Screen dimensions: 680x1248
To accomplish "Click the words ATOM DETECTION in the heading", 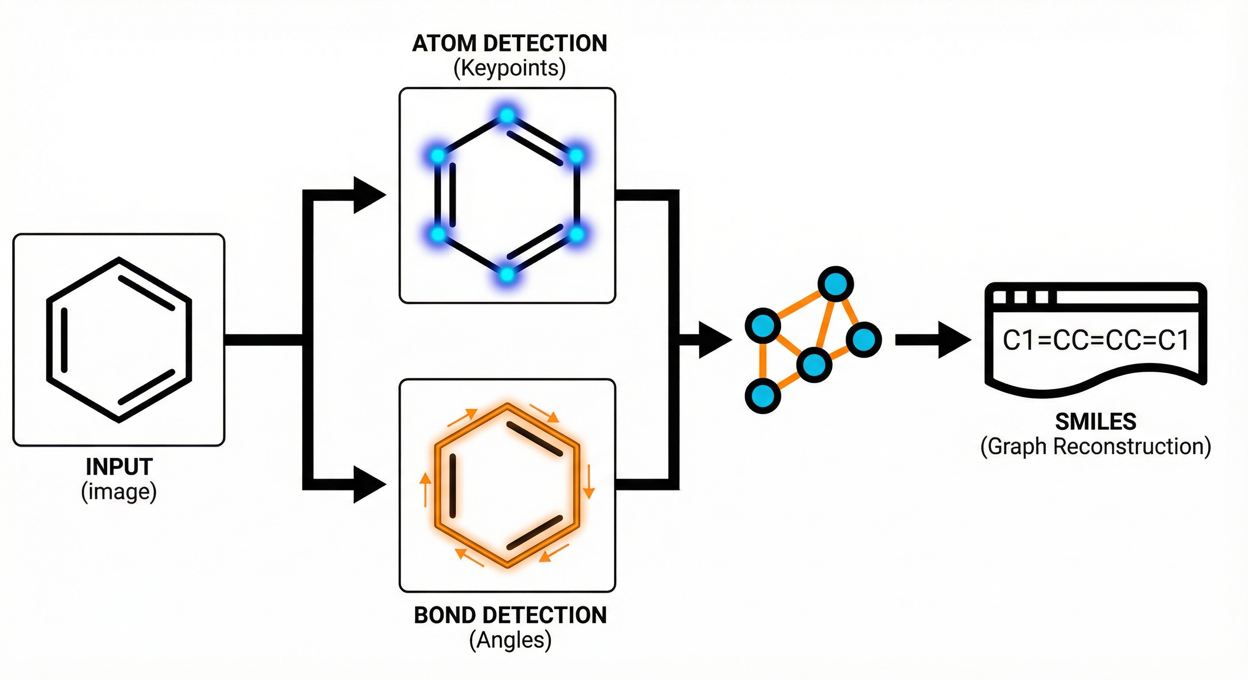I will pos(509,43).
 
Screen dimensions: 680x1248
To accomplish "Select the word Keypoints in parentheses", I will pos(510,68).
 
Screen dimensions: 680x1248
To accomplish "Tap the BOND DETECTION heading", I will pos(510,616).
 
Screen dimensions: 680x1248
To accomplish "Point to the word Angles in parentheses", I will pos(510,640).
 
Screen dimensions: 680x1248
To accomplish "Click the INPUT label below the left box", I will pos(119,467).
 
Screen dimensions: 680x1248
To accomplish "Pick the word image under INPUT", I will pos(119,492).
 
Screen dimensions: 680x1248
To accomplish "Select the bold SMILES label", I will pos(1096,422).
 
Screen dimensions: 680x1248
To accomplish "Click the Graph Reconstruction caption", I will pos(1096,447).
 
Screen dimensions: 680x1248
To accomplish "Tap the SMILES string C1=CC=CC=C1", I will pos(1096,340).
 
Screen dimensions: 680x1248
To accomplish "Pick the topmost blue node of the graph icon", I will pos(836,284).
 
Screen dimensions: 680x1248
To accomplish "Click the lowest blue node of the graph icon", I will pos(763,395).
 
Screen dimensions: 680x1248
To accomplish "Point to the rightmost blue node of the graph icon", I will pos(864,339).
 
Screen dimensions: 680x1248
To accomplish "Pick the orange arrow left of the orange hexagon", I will pos(425,489).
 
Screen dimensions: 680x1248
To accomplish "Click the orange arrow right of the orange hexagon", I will pos(588,482).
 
